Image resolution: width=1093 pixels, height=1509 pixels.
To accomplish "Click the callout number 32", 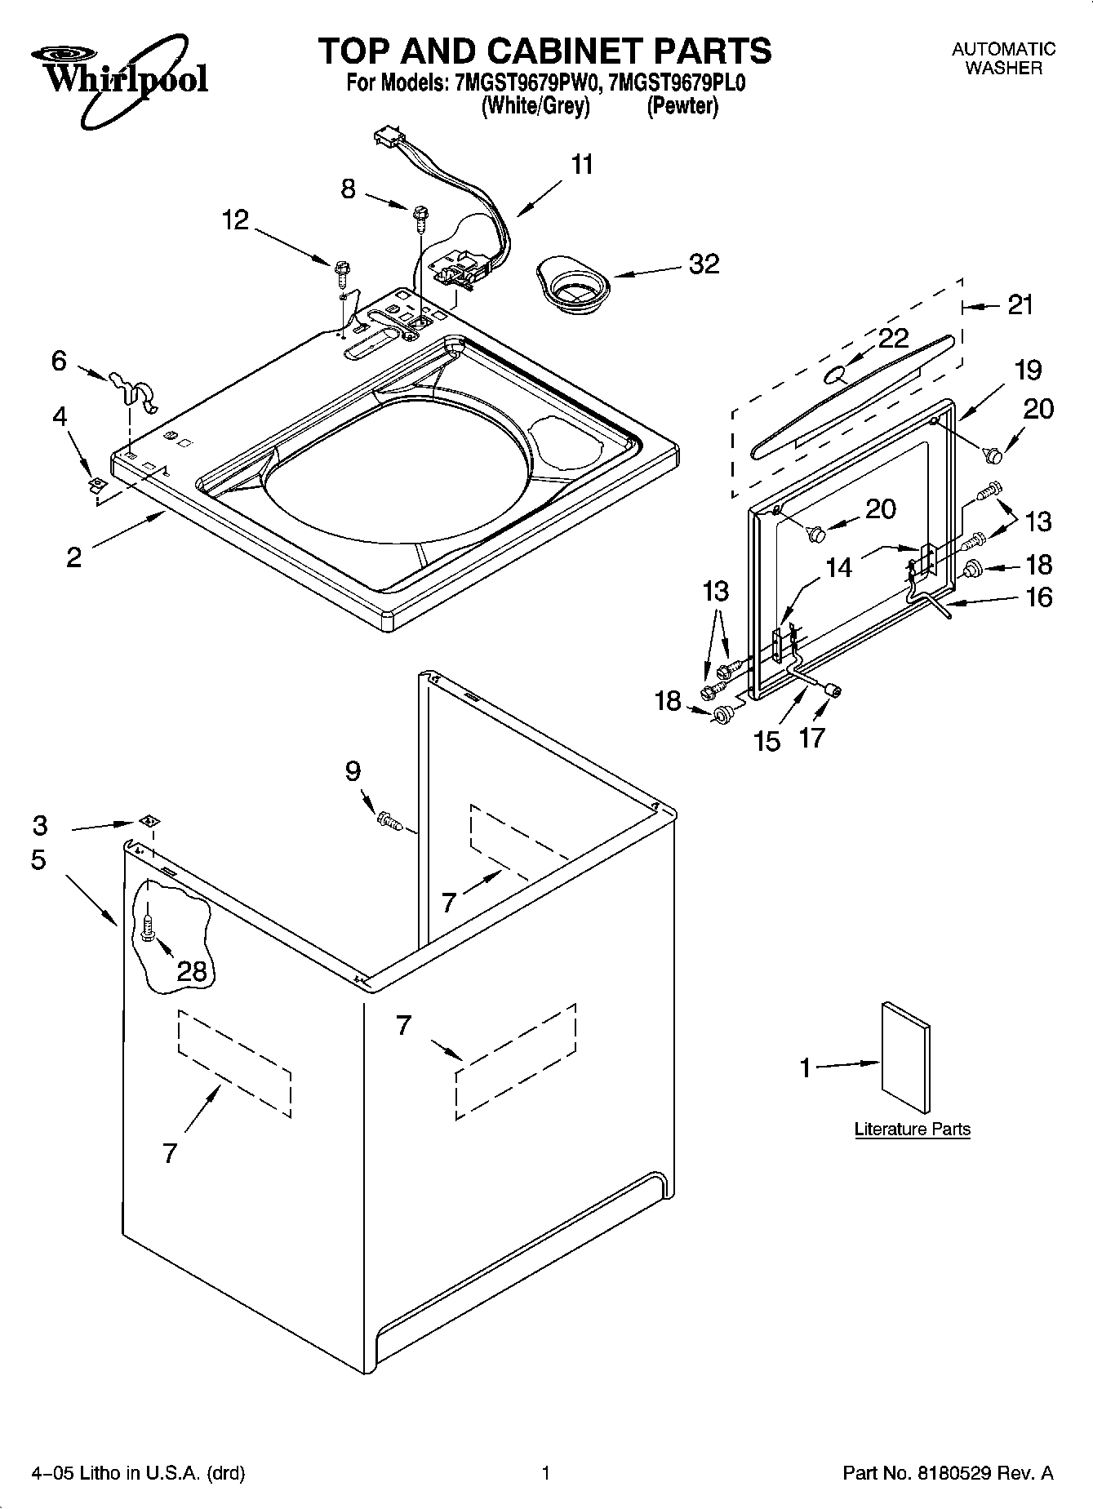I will point(704,264).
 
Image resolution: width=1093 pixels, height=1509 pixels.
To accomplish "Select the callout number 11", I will point(581,165).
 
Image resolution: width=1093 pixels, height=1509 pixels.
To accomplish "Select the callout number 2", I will point(73,557).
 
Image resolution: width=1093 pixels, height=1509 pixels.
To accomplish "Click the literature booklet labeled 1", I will point(905,1057).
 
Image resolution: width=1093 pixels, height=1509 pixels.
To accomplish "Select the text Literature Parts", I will point(912,1130).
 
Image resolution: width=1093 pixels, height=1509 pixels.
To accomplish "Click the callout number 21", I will point(1020,304).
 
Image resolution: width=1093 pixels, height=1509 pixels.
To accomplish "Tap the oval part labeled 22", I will point(835,375).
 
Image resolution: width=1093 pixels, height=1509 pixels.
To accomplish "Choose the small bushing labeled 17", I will point(833,690).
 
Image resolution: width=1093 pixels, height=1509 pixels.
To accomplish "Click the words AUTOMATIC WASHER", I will point(1003,59).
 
